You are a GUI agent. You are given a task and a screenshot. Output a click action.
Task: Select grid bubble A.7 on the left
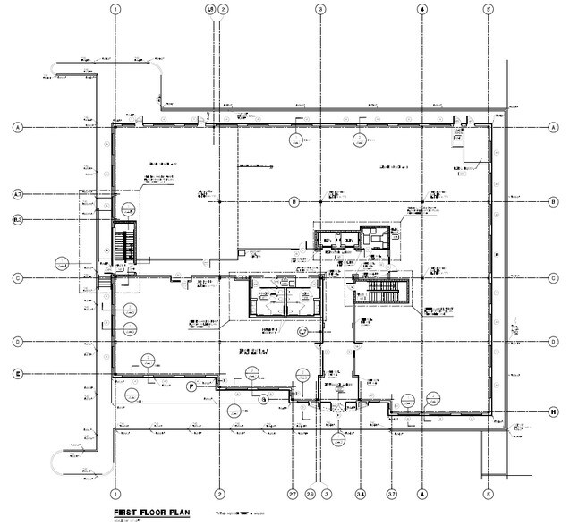[17, 193]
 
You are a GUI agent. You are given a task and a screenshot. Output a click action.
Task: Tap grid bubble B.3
[17, 220]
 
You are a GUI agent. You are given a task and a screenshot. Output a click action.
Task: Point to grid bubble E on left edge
[17, 373]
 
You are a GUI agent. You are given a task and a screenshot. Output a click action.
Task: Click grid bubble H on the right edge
[555, 411]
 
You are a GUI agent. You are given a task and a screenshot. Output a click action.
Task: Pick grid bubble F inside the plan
[191, 386]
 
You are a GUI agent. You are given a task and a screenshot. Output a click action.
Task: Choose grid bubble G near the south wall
[263, 400]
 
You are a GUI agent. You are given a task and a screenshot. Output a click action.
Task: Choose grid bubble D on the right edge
[555, 342]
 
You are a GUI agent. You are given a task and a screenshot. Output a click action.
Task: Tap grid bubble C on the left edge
[17, 278]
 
